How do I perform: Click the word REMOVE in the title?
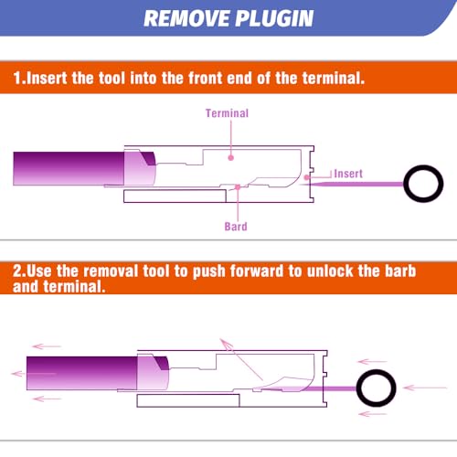coord(186,18)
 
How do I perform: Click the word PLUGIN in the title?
coord(274,18)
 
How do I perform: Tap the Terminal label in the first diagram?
coord(227,113)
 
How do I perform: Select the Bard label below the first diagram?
coord(236,227)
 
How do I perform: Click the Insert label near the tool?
coord(348,174)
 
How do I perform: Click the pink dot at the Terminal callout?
coord(231,157)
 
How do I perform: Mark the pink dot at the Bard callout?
coord(238,187)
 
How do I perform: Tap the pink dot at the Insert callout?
coord(307,177)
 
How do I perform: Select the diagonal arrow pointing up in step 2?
coord(241,359)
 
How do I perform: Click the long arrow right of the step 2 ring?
coord(425,388)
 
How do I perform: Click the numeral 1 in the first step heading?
coord(17,78)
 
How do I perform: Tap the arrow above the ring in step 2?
coord(372,362)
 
